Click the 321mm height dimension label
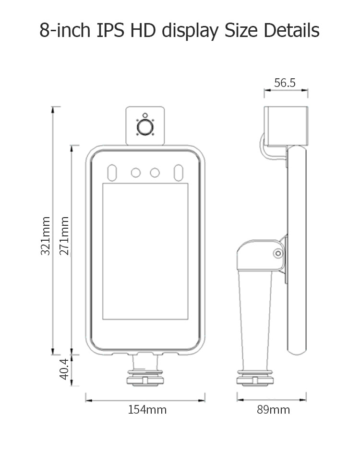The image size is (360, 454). tap(46, 236)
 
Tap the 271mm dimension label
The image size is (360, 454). tap(64, 236)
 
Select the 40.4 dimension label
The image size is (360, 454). tap(64, 369)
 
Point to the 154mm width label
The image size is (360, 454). tap(147, 410)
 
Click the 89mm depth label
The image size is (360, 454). tap(273, 410)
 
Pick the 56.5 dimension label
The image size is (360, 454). tap(285, 83)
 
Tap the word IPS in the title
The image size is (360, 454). tap(110, 30)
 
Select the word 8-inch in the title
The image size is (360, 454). tap(65, 30)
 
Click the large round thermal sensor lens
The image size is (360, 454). tap(145, 127)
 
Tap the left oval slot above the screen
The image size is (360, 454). tap(112, 173)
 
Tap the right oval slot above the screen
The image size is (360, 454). tap(178, 173)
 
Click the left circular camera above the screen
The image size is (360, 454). tap(136, 173)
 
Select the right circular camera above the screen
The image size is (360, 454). tap(155, 173)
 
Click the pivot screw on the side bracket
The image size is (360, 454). tap(278, 254)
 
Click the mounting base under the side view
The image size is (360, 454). tap(254, 378)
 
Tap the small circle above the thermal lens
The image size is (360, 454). tap(145, 115)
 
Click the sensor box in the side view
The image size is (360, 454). tap(286, 126)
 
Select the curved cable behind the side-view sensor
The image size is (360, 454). tap(261, 145)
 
